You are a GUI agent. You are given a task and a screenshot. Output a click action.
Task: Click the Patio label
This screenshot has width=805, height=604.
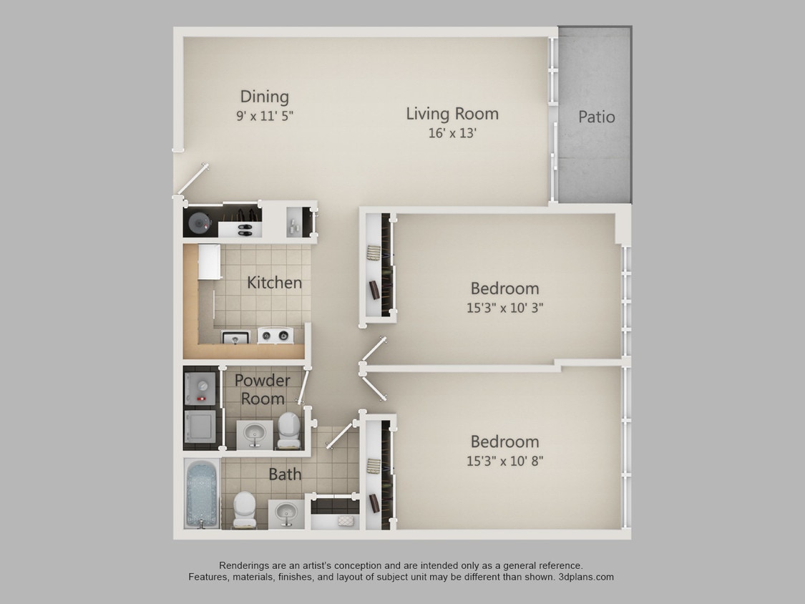pyautogui.click(x=596, y=117)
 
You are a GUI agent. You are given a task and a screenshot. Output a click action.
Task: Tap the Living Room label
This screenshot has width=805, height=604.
pyautogui.click(x=452, y=113)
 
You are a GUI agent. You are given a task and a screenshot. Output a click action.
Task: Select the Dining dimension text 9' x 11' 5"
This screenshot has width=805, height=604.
pyautogui.click(x=265, y=115)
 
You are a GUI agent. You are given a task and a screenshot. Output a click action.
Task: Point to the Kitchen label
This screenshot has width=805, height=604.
pyautogui.click(x=274, y=283)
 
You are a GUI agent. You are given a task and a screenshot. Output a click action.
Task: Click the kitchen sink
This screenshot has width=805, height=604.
pyautogui.click(x=235, y=336)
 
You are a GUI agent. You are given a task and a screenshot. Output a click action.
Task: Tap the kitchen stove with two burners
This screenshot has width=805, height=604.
pyautogui.click(x=275, y=335)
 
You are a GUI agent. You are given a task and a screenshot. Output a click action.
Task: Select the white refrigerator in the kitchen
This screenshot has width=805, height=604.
pyautogui.click(x=209, y=262)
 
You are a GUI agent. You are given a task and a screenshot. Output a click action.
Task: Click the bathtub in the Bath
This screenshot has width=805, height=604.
pyautogui.click(x=202, y=494)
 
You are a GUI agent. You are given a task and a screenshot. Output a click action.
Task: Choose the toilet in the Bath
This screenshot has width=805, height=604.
pyautogui.click(x=244, y=510)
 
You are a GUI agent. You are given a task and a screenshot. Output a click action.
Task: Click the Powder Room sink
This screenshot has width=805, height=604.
pyautogui.click(x=254, y=434)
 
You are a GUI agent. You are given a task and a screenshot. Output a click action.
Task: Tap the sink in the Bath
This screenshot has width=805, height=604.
pyautogui.click(x=286, y=512)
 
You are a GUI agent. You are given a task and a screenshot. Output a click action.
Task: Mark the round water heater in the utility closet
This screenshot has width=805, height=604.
pyautogui.click(x=199, y=224)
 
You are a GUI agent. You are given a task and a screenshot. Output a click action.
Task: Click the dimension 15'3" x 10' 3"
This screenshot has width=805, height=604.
pyautogui.click(x=504, y=308)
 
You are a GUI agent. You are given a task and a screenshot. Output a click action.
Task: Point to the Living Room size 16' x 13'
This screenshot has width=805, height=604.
pyautogui.click(x=452, y=133)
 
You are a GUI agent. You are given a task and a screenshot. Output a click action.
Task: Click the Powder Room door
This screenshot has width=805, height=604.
pyautogui.click(x=304, y=387)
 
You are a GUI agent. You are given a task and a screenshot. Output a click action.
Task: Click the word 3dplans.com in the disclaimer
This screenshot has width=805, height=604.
pyautogui.click(x=585, y=577)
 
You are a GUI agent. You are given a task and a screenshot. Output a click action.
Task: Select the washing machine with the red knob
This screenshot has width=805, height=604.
pyautogui.click(x=200, y=389)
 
